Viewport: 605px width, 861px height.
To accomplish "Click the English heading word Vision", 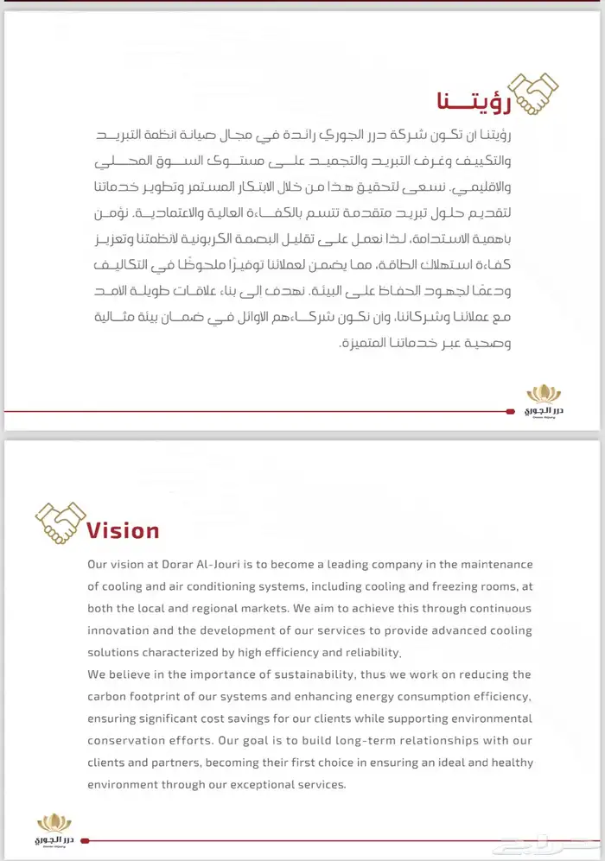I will point(123,530).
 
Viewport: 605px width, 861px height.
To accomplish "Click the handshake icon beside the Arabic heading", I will point(532,93).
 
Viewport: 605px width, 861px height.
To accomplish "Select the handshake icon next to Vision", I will point(58,522).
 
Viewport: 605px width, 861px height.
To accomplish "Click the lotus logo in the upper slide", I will point(544,399).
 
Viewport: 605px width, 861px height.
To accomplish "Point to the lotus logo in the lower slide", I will point(54,828).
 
